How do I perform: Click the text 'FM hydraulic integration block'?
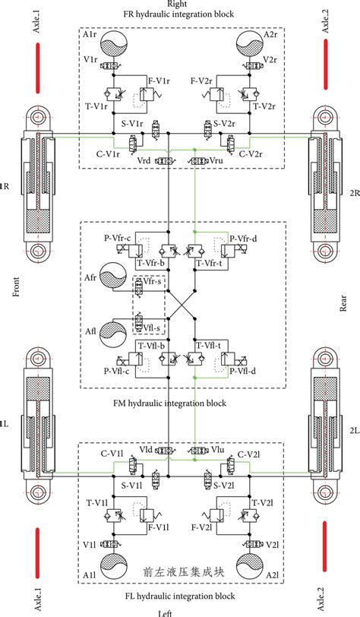(180, 403)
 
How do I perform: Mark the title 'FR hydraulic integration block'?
(180, 14)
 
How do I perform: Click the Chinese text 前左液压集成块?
(180, 571)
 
